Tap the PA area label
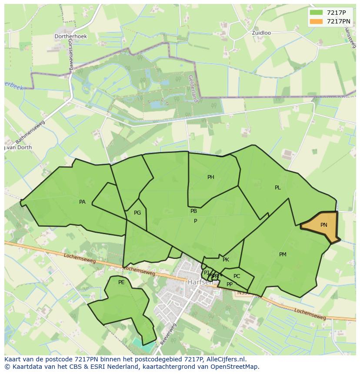(82, 202)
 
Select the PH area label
(211, 177)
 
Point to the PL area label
(278, 188)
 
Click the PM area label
(283, 255)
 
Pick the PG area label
(137, 213)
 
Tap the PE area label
(121, 282)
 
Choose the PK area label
(226, 260)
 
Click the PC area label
(237, 276)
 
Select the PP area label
(230, 285)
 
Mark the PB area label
(193, 211)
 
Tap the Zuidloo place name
(262, 33)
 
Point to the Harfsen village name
(200, 282)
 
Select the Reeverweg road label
(168, 334)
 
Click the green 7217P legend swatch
(316, 13)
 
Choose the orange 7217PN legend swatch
(316, 21)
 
